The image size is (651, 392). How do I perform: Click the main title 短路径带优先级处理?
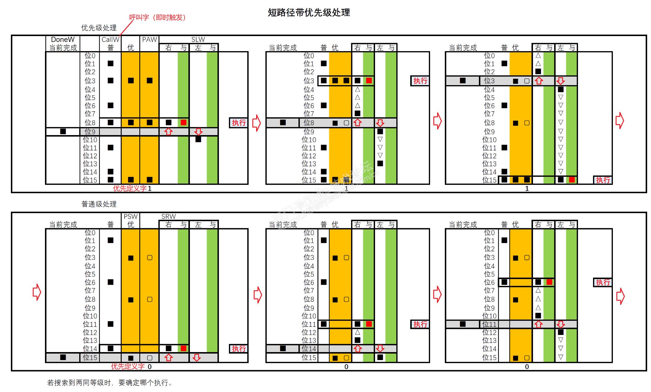(309, 12)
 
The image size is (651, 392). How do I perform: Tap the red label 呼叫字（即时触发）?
(157, 17)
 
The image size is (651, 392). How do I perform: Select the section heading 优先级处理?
(99, 28)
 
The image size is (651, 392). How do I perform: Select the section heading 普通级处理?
(99, 204)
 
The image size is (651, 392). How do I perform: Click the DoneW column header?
(63, 40)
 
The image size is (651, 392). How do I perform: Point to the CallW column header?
(110, 40)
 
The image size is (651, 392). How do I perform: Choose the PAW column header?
(149, 40)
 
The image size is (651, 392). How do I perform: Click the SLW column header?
(198, 40)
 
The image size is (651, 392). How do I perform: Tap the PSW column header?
(130, 216)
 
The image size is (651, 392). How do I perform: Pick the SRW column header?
(168, 216)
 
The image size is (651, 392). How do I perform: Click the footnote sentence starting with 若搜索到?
(109, 383)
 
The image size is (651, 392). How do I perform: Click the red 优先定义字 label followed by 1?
(130, 188)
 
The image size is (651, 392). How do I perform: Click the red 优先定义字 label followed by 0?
(128, 367)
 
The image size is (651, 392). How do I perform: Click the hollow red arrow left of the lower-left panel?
(36, 292)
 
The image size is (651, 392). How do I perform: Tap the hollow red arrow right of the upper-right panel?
(619, 121)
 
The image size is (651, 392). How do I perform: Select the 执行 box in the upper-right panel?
(603, 180)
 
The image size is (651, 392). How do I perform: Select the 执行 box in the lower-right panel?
(603, 282)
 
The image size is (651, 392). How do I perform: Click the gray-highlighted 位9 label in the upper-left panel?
(90, 132)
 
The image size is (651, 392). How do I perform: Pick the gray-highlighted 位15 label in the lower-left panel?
(90, 357)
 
